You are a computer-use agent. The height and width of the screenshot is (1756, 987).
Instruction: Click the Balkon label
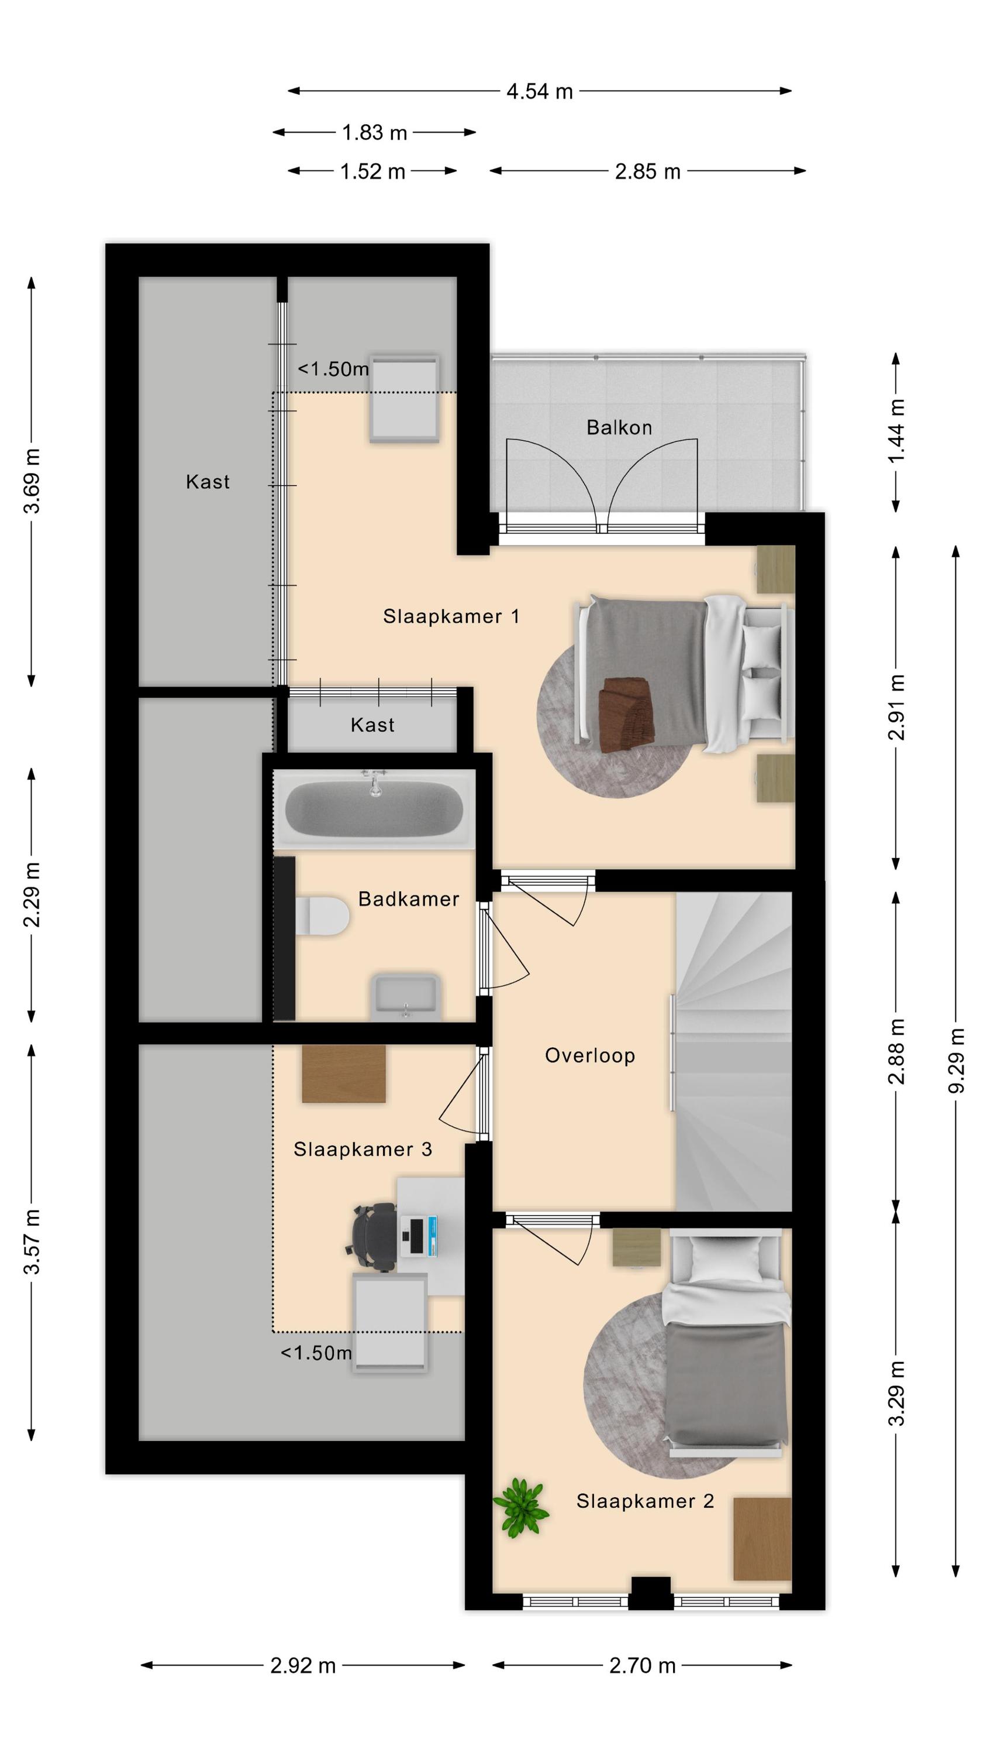click(x=619, y=427)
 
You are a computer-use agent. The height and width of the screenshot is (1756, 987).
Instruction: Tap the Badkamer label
click(x=409, y=899)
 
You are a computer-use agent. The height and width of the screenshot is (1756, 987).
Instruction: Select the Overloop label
click(x=590, y=1055)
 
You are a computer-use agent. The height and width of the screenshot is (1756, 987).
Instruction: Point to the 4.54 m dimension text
click(x=540, y=91)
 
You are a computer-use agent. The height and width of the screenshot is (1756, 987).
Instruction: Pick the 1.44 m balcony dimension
click(x=896, y=431)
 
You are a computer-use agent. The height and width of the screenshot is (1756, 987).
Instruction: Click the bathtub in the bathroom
click(x=374, y=809)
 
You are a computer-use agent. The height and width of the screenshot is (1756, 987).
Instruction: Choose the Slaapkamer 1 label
click(x=451, y=616)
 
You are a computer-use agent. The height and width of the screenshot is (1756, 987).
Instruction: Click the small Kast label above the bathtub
click(x=372, y=725)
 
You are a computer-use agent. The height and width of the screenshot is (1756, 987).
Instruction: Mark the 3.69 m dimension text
click(x=32, y=481)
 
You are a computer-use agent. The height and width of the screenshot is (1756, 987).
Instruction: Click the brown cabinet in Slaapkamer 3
click(x=344, y=1073)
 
